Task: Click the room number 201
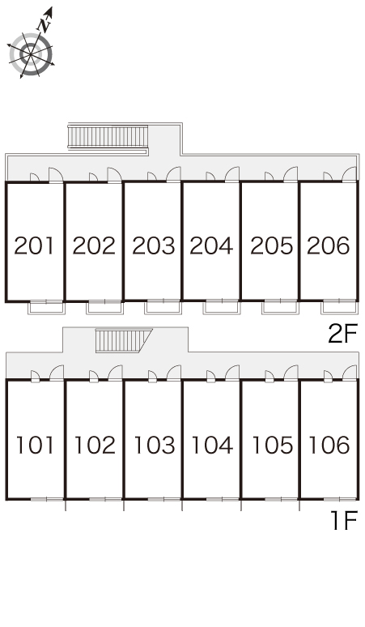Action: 34,245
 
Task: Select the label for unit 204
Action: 211,245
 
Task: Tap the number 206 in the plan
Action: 329,245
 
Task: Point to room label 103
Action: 154,445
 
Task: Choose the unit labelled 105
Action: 273,445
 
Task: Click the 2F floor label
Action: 342,334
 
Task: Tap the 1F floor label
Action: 344,520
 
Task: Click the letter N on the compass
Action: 44,26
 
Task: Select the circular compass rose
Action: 31,55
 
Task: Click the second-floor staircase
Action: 108,136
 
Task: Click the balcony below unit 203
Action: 163,307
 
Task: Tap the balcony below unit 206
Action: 338,307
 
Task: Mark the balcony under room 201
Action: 46,307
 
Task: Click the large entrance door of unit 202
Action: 115,175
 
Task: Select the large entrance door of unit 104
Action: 232,373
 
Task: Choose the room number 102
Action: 95,445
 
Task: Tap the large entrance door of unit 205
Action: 291,175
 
